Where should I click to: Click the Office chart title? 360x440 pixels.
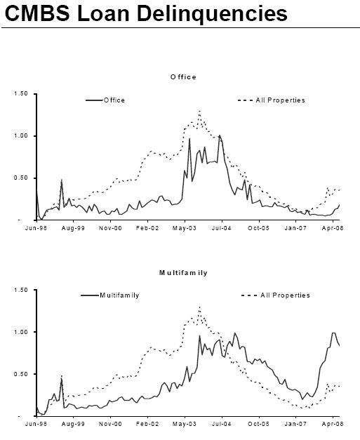183,76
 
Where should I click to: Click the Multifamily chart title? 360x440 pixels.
183,273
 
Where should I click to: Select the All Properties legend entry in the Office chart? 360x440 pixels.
280,100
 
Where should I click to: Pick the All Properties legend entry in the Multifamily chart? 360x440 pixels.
285,295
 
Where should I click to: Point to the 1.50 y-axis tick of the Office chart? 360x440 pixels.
21,94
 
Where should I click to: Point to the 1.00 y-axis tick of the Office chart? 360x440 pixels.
21,136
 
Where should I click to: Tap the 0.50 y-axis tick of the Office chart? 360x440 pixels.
21,178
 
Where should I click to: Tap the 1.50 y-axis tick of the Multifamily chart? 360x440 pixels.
21,290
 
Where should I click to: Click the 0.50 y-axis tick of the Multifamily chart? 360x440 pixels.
21,374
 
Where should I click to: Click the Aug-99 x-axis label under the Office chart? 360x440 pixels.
73,228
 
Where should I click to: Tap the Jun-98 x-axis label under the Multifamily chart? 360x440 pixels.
36,425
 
